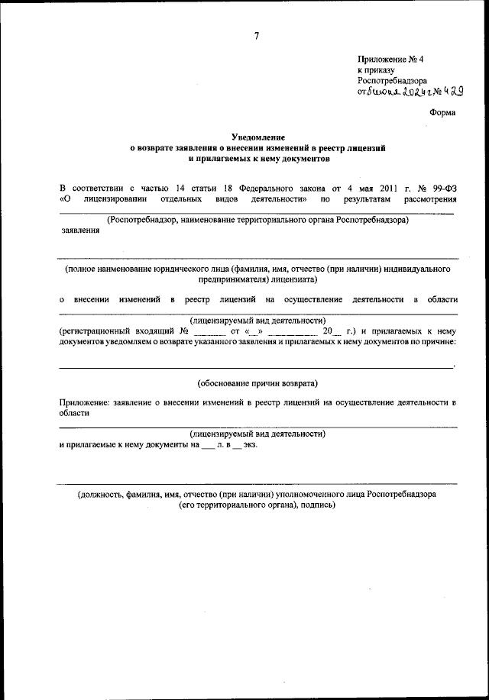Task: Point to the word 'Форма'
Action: [x=442, y=113]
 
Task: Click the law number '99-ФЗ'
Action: [x=442, y=185]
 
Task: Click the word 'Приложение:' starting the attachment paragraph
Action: [x=84, y=402]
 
